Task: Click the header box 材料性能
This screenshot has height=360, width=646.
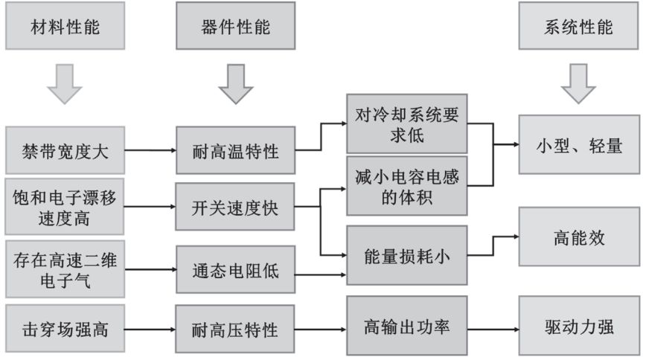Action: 64,28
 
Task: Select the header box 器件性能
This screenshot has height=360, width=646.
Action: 235,28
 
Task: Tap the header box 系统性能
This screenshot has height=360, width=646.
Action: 578,28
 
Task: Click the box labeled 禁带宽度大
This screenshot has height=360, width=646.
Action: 64,151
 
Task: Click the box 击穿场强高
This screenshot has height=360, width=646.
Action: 64,327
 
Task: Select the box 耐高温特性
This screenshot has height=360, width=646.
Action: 235,151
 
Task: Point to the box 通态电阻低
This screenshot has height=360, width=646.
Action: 235,271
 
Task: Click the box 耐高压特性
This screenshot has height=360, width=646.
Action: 235,328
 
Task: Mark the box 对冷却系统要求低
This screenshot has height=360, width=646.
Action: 406,127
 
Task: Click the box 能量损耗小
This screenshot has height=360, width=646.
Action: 406,255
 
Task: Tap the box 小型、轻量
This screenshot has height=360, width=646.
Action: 578,145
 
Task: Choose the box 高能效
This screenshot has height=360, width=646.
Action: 578,238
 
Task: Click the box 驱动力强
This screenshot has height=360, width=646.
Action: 578,327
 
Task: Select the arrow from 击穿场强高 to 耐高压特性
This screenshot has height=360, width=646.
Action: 149,327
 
